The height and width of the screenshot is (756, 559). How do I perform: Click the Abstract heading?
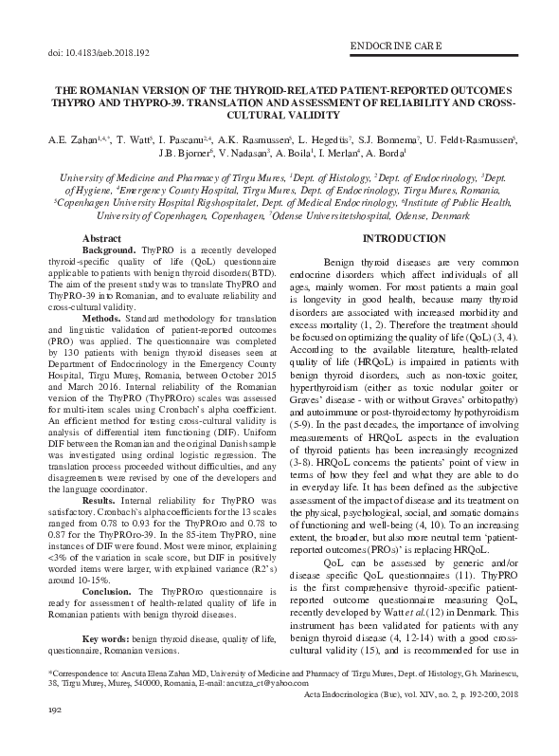[x=101, y=238]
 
